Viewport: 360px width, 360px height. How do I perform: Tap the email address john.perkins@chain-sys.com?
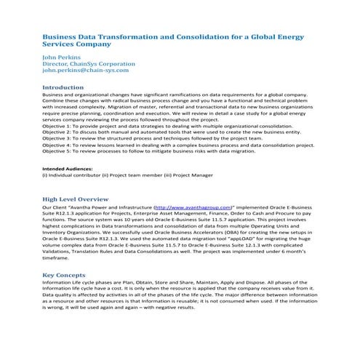86,71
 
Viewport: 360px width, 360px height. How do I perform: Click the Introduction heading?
63,87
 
